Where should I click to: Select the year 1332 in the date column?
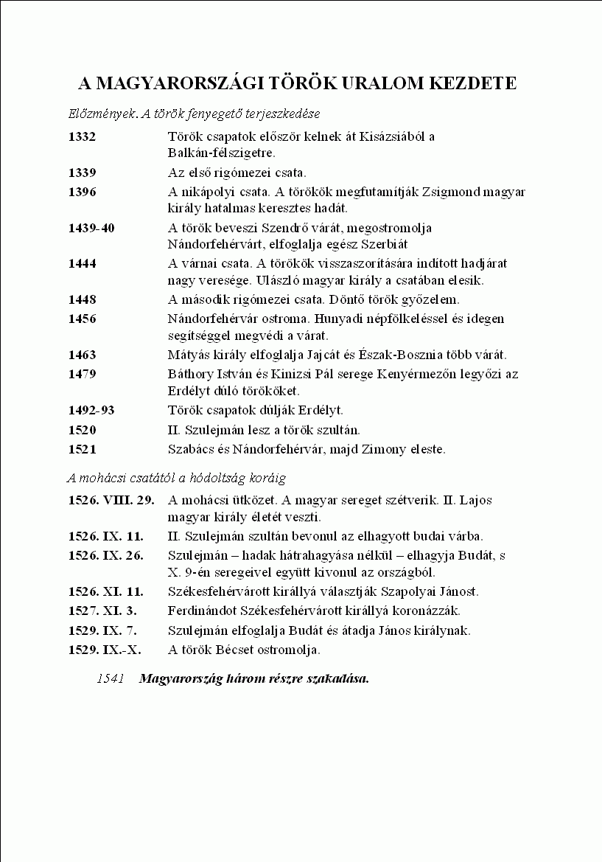click(x=82, y=136)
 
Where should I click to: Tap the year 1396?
click(x=82, y=192)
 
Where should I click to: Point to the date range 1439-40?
click(x=91, y=228)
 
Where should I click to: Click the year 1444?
click(x=82, y=263)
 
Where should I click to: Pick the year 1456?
click(x=82, y=319)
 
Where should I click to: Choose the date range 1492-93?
click(x=91, y=410)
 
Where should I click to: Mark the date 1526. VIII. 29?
click(x=111, y=500)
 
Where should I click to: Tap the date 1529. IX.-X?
click(x=105, y=650)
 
